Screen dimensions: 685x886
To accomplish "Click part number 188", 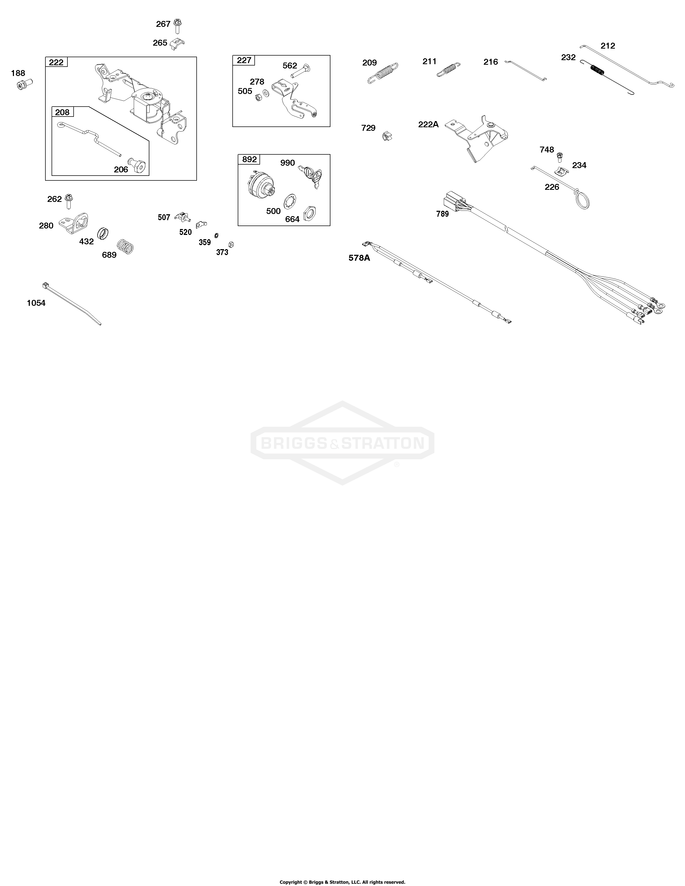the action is pos(18,73).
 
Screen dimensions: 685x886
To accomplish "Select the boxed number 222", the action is pos(56,62).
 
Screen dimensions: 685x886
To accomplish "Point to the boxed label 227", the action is pos(244,60).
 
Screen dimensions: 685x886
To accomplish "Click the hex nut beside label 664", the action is pos(310,212).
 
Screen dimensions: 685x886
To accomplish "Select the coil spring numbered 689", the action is pos(125,247).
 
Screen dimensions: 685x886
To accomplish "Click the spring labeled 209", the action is pos(383,73).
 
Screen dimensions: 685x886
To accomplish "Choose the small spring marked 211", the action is pos(448,69).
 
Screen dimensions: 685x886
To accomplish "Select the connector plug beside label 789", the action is pos(453,200).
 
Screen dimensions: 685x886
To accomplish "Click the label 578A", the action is pos(359,257).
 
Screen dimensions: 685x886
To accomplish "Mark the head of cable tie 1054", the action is pos(45,286).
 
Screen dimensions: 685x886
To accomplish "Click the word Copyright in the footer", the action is pos(291,879).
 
